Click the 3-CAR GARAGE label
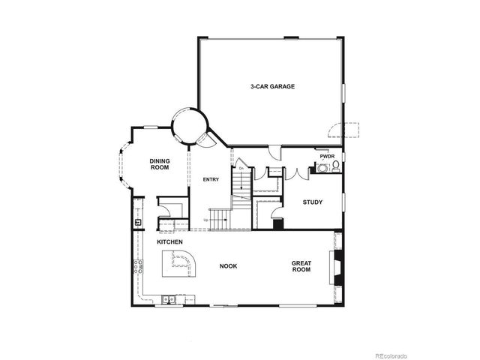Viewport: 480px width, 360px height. click(272, 87)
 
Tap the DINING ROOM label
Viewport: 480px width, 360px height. click(159, 163)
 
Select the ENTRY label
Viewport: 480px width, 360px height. click(211, 179)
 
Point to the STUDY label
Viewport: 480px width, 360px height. click(313, 202)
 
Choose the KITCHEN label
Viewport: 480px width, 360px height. click(170, 243)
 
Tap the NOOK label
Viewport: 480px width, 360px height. click(228, 265)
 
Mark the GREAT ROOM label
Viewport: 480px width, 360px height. click(301, 265)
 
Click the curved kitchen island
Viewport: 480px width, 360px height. click(180, 265)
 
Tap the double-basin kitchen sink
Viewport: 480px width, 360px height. click(170, 301)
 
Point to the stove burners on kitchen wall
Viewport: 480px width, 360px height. click(136, 266)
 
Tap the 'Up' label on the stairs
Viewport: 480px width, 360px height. click(205, 220)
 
